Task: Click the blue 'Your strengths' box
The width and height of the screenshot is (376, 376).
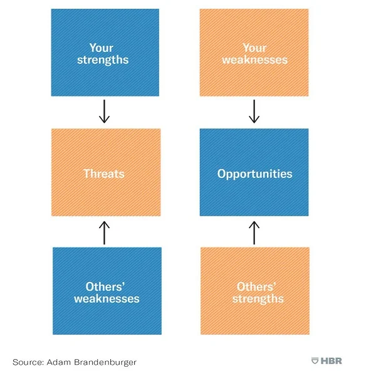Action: pyautogui.click(x=105, y=53)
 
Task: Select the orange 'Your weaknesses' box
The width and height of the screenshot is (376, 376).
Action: pyautogui.click(x=254, y=53)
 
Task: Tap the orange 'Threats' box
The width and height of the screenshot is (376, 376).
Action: pyautogui.click(x=105, y=172)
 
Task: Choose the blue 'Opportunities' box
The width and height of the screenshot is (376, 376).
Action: pyautogui.click(x=254, y=172)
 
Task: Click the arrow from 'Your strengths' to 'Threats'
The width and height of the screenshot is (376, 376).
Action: pyautogui.click(x=105, y=112)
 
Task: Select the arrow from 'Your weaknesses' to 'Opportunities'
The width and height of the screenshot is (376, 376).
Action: pyautogui.click(x=254, y=112)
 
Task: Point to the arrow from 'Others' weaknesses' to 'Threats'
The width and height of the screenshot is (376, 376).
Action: pyautogui.click(x=105, y=232)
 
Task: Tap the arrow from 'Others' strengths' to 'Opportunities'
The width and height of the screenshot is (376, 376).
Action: pyautogui.click(x=254, y=232)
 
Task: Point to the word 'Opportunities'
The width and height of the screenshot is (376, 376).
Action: pyautogui.click(x=254, y=174)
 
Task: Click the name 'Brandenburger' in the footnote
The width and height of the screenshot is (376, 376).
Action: pyautogui.click(x=112, y=362)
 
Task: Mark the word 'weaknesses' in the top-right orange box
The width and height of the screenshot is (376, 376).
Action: pyautogui.click(x=254, y=60)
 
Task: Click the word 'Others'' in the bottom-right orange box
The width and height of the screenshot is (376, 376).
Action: pyautogui.click(x=254, y=287)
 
